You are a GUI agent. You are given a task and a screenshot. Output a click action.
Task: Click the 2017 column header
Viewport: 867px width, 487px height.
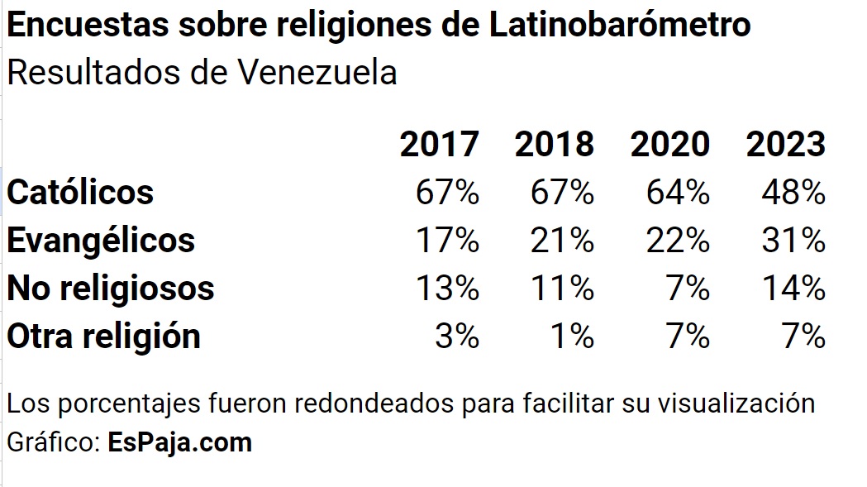click(x=439, y=144)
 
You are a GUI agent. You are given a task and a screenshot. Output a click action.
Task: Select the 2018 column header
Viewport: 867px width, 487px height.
click(x=554, y=144)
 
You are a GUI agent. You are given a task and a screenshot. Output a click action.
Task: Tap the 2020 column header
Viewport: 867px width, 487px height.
click(x=670, y=144)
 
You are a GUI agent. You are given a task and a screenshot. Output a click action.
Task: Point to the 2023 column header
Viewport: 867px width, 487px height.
click(x=786, y=144)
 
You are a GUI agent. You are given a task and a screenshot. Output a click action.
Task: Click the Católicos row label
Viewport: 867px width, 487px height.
click(x=80, y=192)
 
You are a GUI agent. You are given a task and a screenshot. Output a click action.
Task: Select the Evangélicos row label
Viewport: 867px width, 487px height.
click(x=101, y=240)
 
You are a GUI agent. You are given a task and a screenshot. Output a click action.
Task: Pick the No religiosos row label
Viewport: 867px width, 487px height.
click(x=110, y=289)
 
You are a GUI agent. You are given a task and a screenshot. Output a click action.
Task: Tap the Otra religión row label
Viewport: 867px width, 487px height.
click(x=103, y=336)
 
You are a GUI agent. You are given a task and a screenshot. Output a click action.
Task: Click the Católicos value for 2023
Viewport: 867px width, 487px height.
click(x=793, y=193)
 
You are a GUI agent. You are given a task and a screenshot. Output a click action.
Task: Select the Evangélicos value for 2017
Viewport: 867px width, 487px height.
click(x=447, y=241)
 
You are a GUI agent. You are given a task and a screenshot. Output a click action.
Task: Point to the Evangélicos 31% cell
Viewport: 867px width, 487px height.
click(x=793, y=241)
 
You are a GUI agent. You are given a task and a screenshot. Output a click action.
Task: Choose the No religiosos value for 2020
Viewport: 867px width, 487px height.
click(x=688, y=289)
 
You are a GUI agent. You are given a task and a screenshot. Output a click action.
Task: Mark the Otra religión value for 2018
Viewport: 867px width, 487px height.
click(x=573, y=337)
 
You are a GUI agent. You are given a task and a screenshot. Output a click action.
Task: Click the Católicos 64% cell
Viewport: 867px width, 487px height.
click(x=678, y=193)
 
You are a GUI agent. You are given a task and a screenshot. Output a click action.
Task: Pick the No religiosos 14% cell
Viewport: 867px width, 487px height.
click(x=794, y=289)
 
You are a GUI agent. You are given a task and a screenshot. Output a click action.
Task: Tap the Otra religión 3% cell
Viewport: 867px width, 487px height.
click(x=457, y=337)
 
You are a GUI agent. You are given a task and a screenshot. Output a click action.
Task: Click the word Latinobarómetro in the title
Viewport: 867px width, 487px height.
click(x=620, y=24)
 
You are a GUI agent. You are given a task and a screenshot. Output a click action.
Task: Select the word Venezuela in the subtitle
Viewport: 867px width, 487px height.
click(x=317, y=73)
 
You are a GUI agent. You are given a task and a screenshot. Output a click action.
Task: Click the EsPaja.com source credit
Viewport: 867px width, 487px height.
click(x=179, y=442)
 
